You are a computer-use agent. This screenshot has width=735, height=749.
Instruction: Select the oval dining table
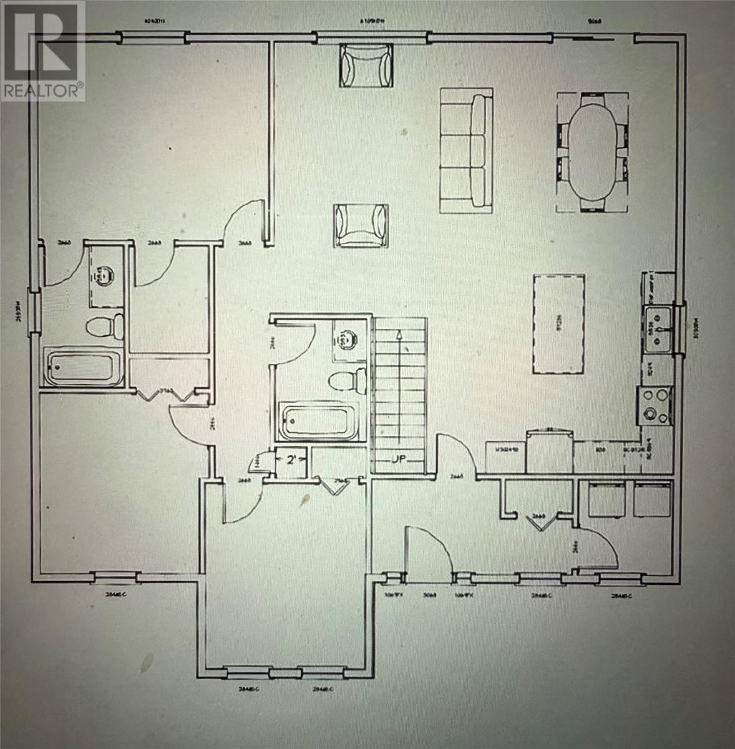pos(591,152)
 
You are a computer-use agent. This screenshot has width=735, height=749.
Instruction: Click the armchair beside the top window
pos(366,66)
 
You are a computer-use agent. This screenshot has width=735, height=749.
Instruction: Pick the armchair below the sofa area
pos(361,225)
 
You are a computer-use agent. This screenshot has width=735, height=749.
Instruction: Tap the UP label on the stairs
pos(399,460)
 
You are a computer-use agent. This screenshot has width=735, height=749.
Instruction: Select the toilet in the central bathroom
pos(348,380)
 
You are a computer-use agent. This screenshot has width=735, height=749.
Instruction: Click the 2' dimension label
pos(291,461)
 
